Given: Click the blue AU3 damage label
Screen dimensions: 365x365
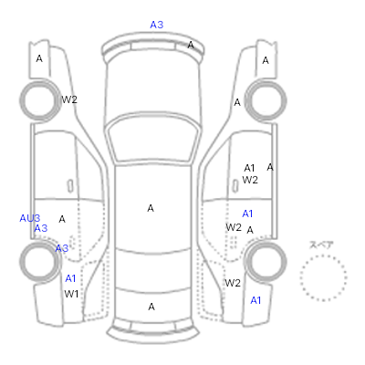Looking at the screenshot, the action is (x=30, y=218).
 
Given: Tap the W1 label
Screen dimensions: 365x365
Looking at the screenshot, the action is (x=71, y=294).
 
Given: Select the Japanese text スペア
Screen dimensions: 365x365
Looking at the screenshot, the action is (x=321, y=245).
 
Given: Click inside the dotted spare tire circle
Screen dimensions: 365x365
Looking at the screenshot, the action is (x=323, y=278).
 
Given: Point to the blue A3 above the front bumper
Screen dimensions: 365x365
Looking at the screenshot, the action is (x=157, y=25).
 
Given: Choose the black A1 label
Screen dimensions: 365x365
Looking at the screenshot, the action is (x=249, y=168).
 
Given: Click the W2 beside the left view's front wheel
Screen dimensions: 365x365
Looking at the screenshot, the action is (x=69, y=99).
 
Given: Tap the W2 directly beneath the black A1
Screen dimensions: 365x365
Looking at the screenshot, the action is (x=250, y=180).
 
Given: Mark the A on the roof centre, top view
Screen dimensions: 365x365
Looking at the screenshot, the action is (x=151, y=208).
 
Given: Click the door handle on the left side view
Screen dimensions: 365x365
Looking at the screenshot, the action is (x=70, y=186).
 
